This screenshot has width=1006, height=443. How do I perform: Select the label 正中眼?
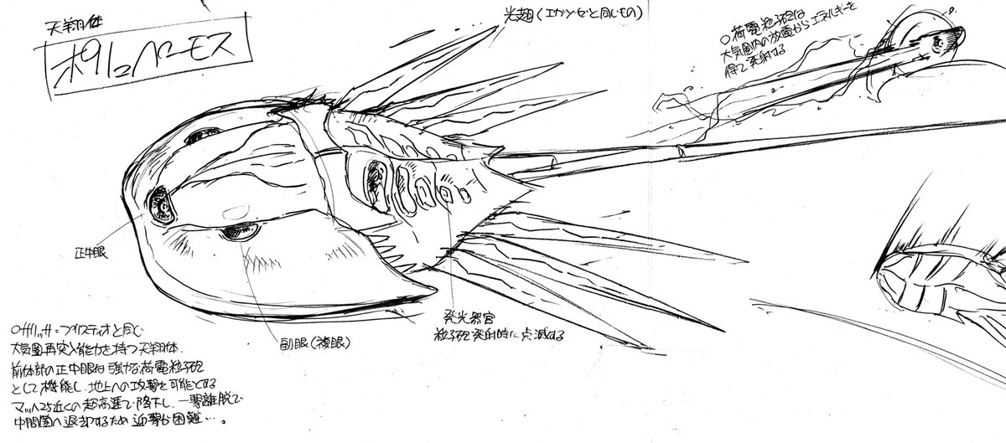95,250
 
